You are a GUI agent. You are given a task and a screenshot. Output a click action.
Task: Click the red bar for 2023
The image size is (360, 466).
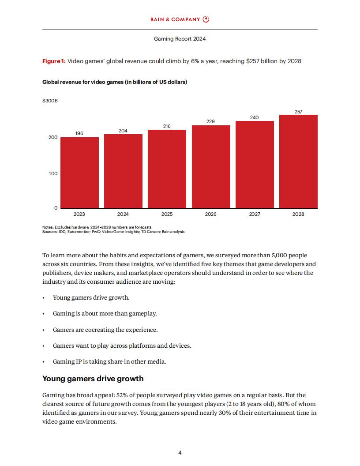click(79, 173)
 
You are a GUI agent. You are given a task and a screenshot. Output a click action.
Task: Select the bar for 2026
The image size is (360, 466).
click(211, 167)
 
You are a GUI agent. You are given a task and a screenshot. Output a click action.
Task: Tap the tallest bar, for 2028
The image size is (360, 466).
click(298, 162)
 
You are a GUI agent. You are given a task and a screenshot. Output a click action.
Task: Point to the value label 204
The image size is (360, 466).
click(123, 131)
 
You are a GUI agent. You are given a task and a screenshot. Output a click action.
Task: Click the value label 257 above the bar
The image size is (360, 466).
click(298, 112)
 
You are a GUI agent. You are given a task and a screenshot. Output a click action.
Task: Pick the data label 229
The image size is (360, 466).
click(211, 121)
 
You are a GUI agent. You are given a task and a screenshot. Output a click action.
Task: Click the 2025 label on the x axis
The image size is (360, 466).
click(167, 214)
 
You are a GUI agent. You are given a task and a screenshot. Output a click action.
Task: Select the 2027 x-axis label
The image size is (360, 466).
click(255, 214)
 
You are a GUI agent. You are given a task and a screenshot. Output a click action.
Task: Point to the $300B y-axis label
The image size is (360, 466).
click(50, 101)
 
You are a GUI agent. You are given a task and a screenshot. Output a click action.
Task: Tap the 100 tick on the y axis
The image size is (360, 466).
click(53, 173)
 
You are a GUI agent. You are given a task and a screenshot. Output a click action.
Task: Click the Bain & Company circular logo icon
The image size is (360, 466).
click(206, 19)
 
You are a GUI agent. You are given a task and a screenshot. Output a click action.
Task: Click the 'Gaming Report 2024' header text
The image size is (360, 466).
click(180, 39)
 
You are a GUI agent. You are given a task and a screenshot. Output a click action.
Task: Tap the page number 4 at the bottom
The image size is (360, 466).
click(180, 452)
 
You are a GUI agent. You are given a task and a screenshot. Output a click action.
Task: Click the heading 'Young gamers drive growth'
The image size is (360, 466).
click(93, 379)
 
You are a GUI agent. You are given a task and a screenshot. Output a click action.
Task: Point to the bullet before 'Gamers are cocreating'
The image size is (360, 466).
click(44, 330)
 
